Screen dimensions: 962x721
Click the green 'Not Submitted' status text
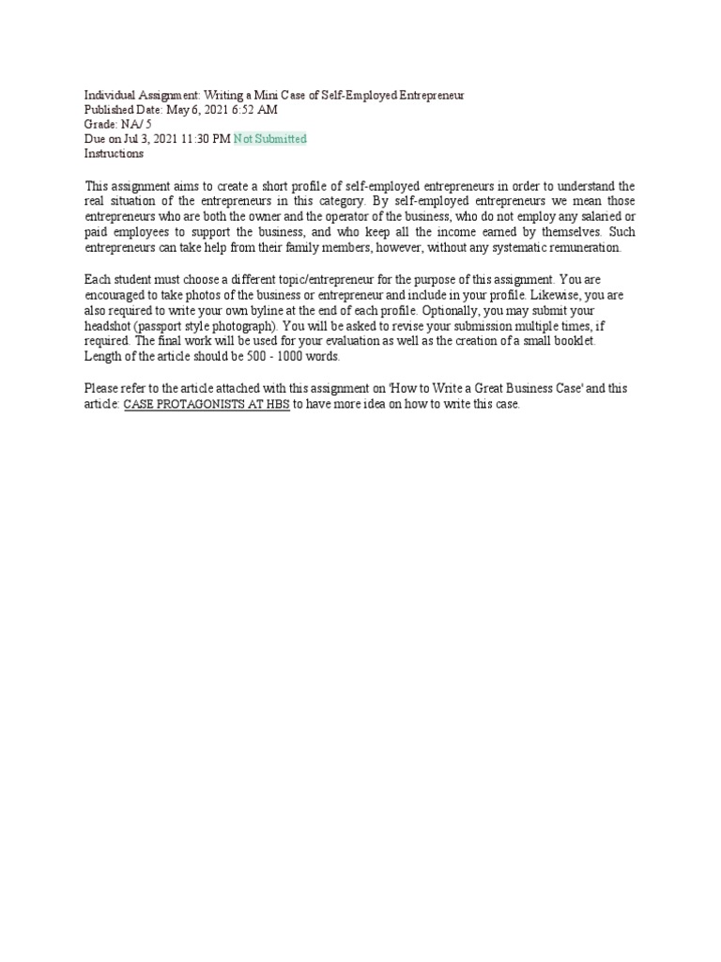pos(270,139)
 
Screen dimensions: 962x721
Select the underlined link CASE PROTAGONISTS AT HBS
pos(207,404)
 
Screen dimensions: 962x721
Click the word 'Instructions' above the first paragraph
pos(114,153)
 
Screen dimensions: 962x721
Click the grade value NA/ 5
pos(132,125)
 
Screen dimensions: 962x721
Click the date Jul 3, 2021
pos(152,139)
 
